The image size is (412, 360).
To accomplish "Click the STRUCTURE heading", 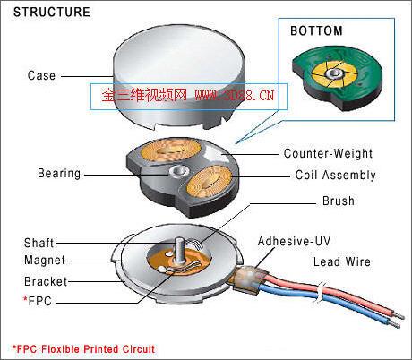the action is (x=52, y=12).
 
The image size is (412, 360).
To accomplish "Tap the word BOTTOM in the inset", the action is (x=316, y=31).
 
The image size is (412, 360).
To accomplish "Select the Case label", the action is (x=41, y=75).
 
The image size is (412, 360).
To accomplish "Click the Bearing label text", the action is (x=59, y=174).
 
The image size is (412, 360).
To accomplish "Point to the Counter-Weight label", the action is (x=328, y=153).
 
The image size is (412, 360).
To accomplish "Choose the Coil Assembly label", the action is (x=336, y=175).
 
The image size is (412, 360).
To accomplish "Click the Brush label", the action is (x=339, y=201).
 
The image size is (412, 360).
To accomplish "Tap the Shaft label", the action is (x=39, y=243).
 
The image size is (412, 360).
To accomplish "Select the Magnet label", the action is (x=45, y=260).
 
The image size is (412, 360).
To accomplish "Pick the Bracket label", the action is (x=46, y=281).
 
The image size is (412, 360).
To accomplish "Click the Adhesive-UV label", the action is (x=294, y=241).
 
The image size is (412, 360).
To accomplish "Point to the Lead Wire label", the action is (x=342, y=261).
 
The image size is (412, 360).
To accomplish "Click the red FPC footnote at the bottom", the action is (x=83, y=349).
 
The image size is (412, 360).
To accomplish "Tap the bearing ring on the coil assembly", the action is (x=179, y=172).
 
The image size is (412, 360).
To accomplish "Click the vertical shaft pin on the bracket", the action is (x=179, y=250).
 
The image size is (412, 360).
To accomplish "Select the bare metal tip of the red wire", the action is (x=399, y=315).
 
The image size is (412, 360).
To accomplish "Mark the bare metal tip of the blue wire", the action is (x=394, y=324).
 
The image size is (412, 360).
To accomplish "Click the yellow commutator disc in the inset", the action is (x=334, y=74).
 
